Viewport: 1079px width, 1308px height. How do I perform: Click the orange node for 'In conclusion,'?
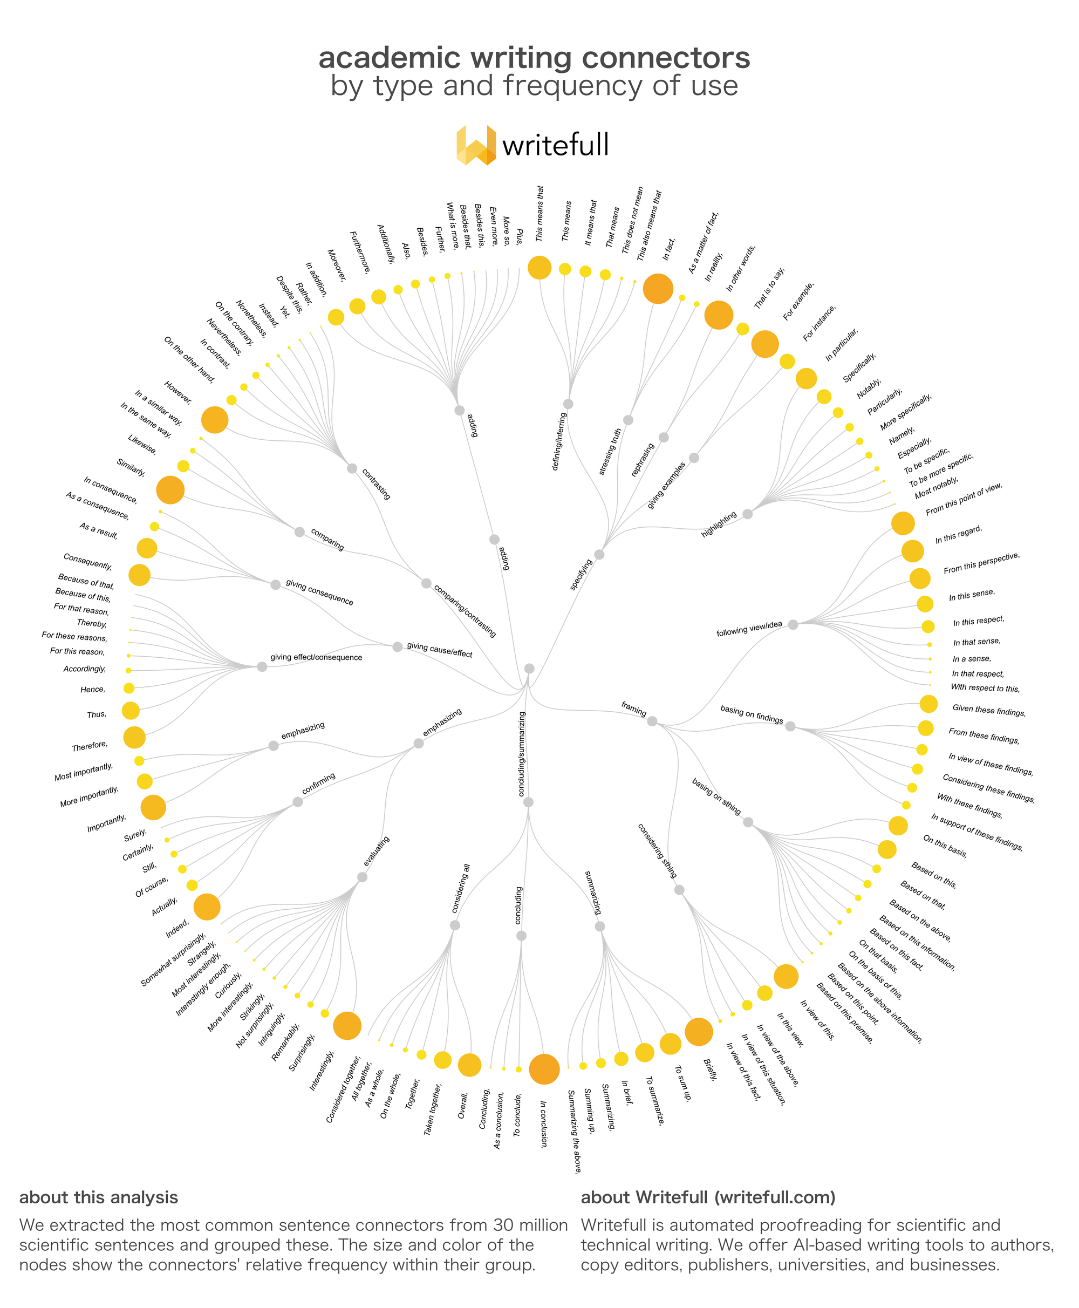[x=544, y=1068]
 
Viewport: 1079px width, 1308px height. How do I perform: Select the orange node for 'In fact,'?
[x=658, y=289]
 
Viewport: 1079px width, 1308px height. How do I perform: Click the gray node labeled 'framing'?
[x=652, y=721]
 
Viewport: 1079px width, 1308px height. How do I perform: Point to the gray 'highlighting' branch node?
[x=748, y=514]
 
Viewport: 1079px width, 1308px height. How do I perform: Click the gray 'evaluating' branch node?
[x=363, y=877]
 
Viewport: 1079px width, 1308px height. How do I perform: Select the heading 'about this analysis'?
[x=99, y=1197]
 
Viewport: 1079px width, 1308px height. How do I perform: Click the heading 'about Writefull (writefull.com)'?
[x=708, y=1197]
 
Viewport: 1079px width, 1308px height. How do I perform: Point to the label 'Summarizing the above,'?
[x=575, y=1132]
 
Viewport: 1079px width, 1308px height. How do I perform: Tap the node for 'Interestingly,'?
[x=347, y=1026]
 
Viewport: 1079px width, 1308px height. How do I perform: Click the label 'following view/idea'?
[x=749, y=629]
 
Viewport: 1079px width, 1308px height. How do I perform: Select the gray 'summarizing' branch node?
[x=600, y=927]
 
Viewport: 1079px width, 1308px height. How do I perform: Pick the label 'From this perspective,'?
[x=981, y=563]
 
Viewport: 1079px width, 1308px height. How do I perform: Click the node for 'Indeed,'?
[x=207, y=907]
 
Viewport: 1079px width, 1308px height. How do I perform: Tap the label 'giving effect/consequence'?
[x=316, y=657]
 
